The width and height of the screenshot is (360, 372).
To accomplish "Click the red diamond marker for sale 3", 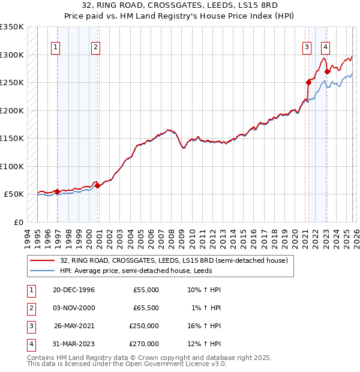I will tap(308, 82).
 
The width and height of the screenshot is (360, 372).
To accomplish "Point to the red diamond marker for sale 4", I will tap(327, 71).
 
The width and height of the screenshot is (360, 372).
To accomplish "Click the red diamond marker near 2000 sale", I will tap(97, 186).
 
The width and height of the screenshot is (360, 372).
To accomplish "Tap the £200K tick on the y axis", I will tap(12, 110).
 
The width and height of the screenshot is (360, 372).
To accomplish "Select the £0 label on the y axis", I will tap(18, 222).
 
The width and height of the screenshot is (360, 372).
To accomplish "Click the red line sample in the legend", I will tap(43, 260).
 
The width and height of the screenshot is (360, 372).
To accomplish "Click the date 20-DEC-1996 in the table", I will tap(74, 290).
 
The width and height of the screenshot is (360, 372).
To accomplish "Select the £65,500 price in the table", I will tap(146, 308).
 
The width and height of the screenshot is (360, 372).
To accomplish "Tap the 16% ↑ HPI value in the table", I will tap(204, 326).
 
